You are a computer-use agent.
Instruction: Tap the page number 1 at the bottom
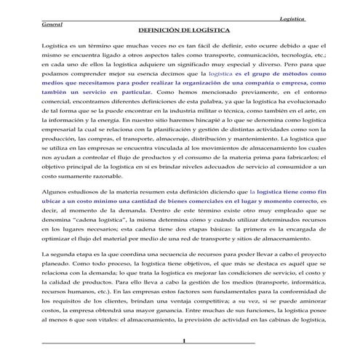(185, 340)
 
